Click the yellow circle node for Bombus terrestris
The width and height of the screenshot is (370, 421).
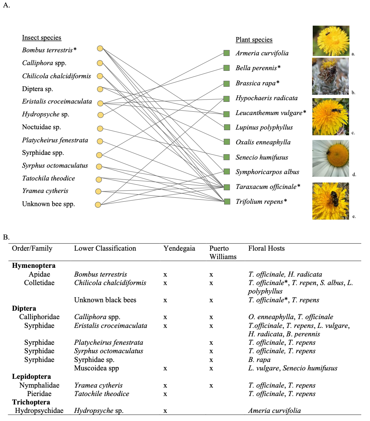(100, 49)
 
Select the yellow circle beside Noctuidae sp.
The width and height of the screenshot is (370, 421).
(100, 129)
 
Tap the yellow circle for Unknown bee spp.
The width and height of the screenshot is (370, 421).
(98, 205)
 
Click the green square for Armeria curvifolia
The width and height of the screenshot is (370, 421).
(226, 53)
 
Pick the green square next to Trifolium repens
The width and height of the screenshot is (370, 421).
(227, 202)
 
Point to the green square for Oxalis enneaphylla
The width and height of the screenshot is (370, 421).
(227, 142)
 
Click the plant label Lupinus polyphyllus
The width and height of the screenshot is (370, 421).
(264, 128)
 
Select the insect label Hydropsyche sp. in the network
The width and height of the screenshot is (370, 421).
(46, 114)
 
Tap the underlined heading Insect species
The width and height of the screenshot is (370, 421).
(42, 37)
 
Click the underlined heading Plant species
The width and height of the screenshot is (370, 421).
(254, 40)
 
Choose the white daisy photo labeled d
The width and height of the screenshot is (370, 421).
(331, 158)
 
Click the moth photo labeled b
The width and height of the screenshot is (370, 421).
(330, 76)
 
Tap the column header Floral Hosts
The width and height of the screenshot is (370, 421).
(267, 248)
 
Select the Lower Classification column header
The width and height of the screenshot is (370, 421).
(105, 248)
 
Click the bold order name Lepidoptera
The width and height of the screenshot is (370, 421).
(31, 376)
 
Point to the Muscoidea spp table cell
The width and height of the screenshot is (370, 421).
(97, 368)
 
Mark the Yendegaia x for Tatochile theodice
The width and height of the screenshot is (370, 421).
(165, 394)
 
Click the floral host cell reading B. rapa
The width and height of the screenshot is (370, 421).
(259, 360)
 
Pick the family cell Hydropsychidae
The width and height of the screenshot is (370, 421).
(39, 411)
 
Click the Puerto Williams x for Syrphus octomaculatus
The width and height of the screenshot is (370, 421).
(211, 351)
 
